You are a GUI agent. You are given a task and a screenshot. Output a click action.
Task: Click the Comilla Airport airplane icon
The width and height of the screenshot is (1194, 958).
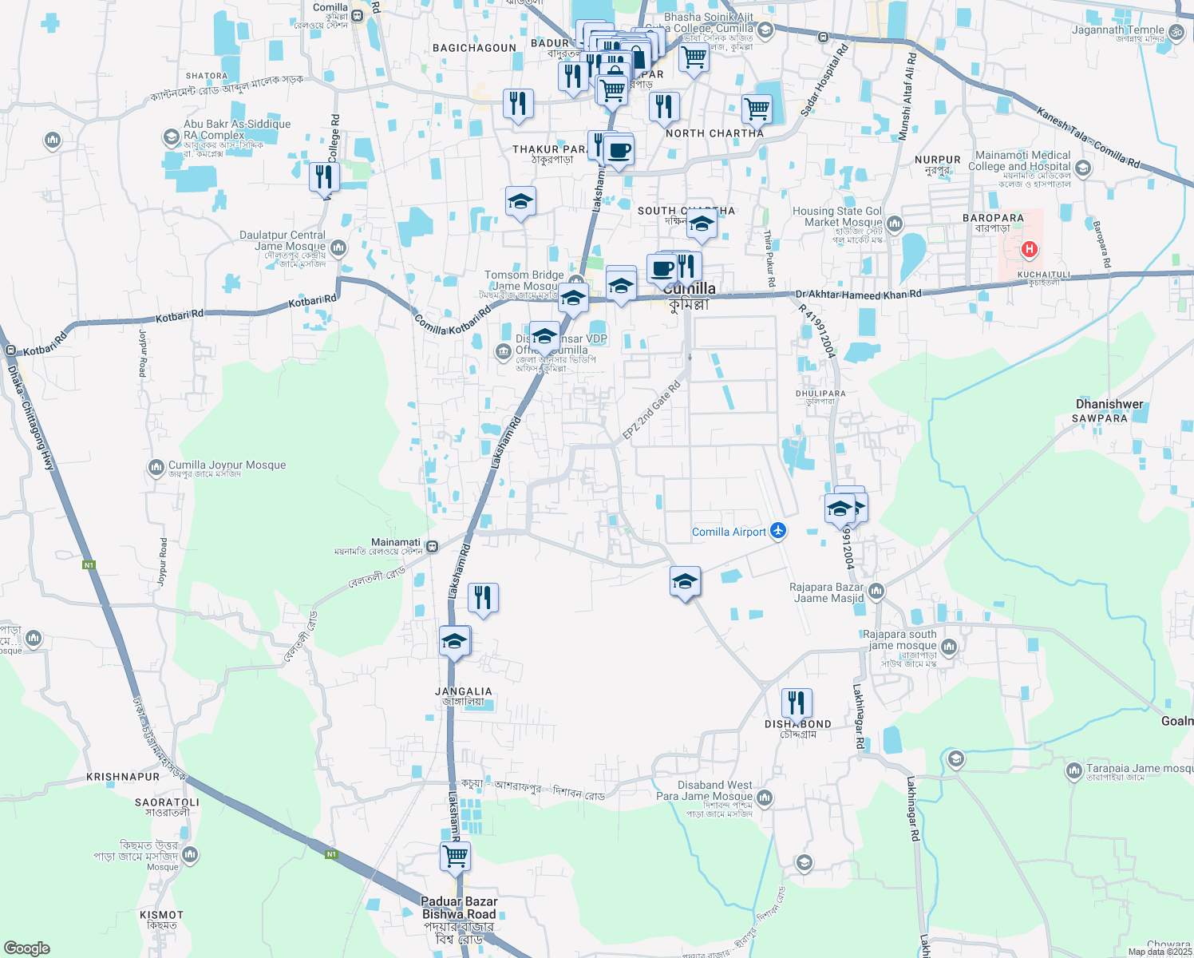(778, 532)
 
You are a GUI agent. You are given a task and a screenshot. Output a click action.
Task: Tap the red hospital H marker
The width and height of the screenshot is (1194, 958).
(1029, 249)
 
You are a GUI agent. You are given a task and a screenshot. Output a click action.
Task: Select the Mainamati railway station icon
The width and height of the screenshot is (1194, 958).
(432, 547)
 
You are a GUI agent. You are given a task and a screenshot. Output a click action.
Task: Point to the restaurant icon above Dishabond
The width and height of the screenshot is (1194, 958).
(797, 703)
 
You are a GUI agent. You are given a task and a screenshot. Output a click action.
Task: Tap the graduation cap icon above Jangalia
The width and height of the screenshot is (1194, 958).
(455, 641)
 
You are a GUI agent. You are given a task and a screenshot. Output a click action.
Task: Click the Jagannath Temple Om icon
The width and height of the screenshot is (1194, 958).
(1175, 31)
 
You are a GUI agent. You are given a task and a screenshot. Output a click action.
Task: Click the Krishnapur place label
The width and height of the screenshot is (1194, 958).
(123, 777)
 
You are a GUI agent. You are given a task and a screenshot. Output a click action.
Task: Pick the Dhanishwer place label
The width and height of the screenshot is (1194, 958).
(1109, 404)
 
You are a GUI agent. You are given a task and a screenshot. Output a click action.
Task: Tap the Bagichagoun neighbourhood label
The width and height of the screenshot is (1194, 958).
(474, 48)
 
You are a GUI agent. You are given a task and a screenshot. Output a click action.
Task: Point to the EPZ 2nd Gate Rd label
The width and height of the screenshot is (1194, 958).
(651, 410)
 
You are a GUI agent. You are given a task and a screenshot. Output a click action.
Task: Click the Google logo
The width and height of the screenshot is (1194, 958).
(27, 948)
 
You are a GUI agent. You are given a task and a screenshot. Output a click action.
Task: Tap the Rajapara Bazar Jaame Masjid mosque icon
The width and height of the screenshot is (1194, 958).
(876, 592)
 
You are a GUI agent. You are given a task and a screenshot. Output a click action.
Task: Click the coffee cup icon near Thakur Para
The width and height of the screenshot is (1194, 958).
(619, 150)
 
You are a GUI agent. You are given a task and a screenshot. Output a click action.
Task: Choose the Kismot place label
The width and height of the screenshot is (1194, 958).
(162, 915)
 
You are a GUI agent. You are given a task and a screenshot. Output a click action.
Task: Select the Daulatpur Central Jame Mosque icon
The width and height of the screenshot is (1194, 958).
(338, 247)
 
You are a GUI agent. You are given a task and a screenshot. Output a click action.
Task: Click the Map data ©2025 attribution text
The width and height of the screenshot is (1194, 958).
(1159, 951)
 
